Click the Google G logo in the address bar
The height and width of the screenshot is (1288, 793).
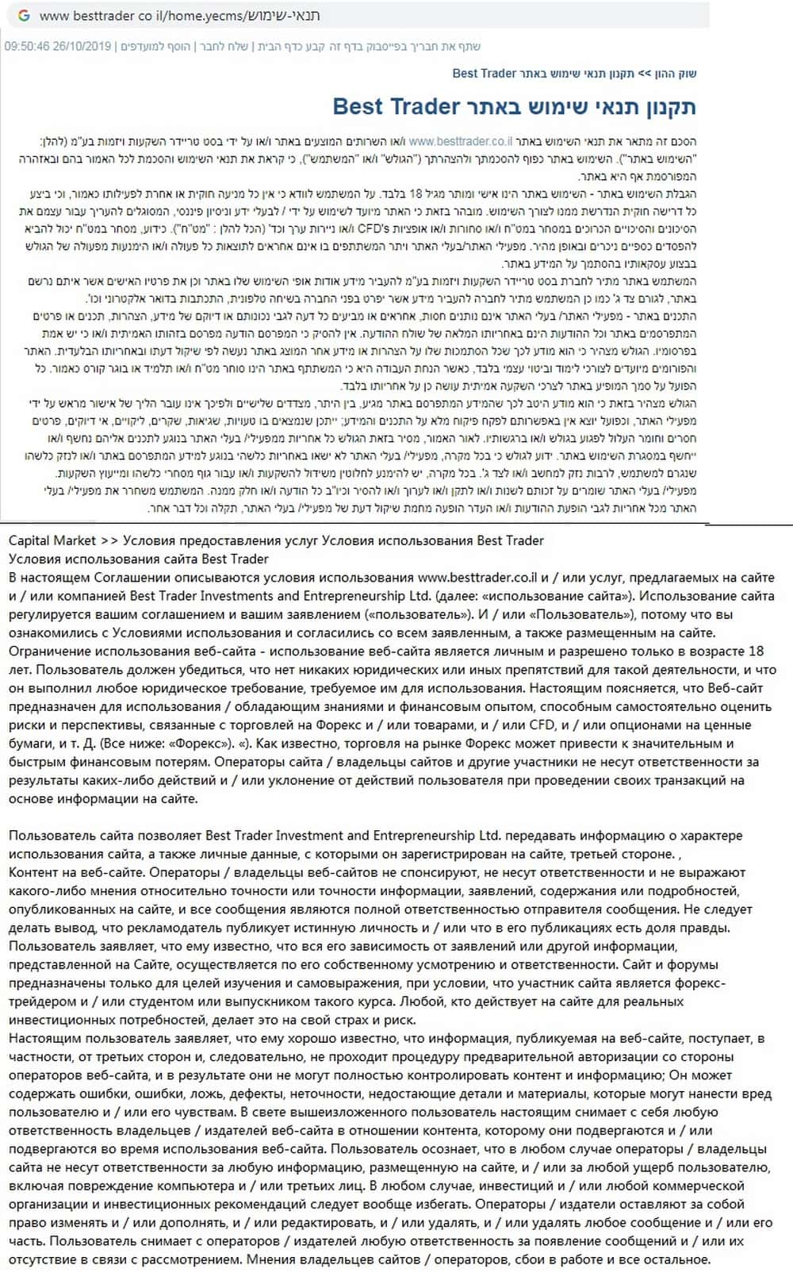click(x=23, y=16)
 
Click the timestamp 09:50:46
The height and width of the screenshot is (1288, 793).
click(x=26, y=46)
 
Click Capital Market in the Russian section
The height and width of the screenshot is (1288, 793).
click(x=52, y=540)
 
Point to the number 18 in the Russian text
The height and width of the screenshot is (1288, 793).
click(x=756, y=651)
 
